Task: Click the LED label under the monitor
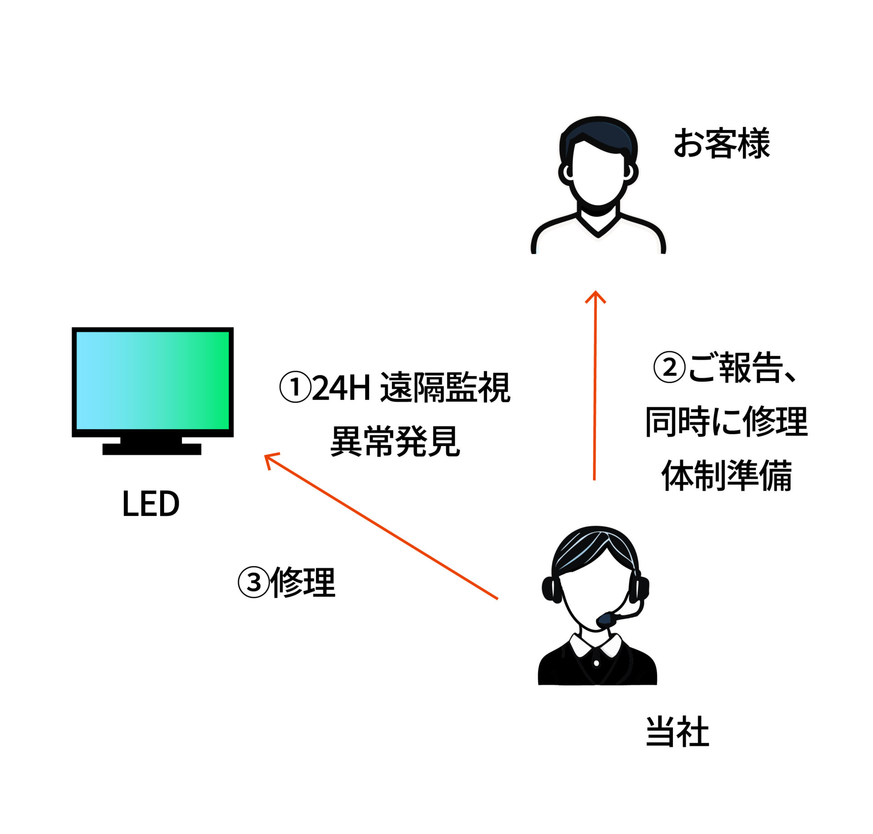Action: pyautogui.click(x=151, y=504)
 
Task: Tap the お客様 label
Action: pyautogui.click(x=721, y=143)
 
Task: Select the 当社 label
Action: pyautogui.click(x=677, y=732)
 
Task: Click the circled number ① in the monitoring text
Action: pyautogui.click(x=295, y=387)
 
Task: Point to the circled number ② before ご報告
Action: pyautogui.click(x=669, y=367)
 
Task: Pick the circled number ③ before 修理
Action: pyautogui.click(x=254, y=582)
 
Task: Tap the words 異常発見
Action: pyautogui.click(x=395, y=441)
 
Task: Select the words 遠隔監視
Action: pyautogui.click(x=445, y=387)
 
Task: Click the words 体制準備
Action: pyautogui.click(x=727, y=476)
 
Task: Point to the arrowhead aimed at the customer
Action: pyautogui.click(x=595, y=296)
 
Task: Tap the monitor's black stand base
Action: pyautogui.click(x=151, y=448)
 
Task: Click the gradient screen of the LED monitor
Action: pyautogui.click(x=152, y=380)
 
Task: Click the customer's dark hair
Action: pyautogui.click(x=598, y=132)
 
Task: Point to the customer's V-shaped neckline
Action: pyautogui.click(x=598, y=227)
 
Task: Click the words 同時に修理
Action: pyautogui.click(x=726, y=422)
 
